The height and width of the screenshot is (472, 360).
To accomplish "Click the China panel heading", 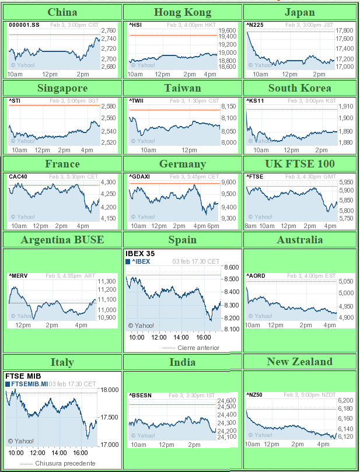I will [x=62, y=12].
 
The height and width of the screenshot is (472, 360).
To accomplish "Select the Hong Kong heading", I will [x=182, y=12].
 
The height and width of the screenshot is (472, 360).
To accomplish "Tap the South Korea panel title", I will [x=299, y=88].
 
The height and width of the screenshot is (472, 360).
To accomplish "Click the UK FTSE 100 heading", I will [x=299, y=163].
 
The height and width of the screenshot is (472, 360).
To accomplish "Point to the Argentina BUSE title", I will [x=62, y=239].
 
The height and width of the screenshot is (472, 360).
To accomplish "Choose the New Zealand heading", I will [x=299, y=362].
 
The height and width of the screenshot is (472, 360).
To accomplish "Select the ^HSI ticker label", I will [x=135, y=25].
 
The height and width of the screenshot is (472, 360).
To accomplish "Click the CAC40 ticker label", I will [x=18, y=176].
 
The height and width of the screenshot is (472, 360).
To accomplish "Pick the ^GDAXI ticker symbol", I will [x=141, y=176].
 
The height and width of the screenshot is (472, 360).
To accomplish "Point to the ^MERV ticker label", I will [x=19, y=275].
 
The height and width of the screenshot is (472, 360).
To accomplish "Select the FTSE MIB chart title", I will [x=22, y=376].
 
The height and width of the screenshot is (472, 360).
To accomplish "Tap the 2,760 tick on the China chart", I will [x=109, y=30].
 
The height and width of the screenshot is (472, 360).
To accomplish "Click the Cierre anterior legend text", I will [x=198, y=348].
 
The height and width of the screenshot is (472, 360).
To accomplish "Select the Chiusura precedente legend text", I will [x=65, y=463].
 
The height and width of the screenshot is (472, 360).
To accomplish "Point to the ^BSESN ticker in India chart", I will [x=141, y=395].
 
